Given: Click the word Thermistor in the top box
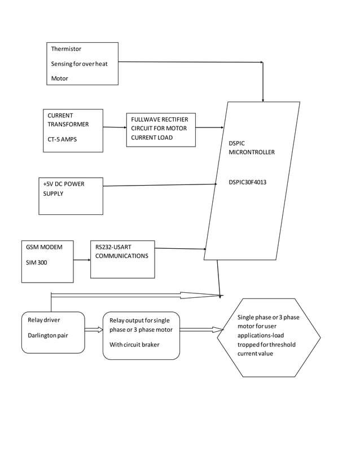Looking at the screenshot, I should (x=66, y=49).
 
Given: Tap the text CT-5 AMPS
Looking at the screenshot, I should (x=62, y=139).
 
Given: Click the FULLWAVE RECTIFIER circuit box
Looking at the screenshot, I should (x=161, y=129).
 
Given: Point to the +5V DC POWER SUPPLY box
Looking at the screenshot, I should (x=71, y=196).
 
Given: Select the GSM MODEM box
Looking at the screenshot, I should (x=47, y=261).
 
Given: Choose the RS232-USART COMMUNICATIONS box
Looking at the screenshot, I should (x=122, y=259).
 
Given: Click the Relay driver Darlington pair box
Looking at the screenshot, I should (x=53, y=332).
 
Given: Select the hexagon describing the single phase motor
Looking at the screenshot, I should (x=269, y=337).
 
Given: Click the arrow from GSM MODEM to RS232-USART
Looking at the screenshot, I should (x=82, y=260).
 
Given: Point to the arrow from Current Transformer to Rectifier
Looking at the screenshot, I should (x=115, y=128).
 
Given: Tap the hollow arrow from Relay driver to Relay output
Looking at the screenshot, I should (x=93, y=329).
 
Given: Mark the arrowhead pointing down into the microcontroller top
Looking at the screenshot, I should (x=263, y=98).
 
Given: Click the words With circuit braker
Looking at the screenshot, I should (x=134, y=345).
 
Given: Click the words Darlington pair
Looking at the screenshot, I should (x=48, y=335).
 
